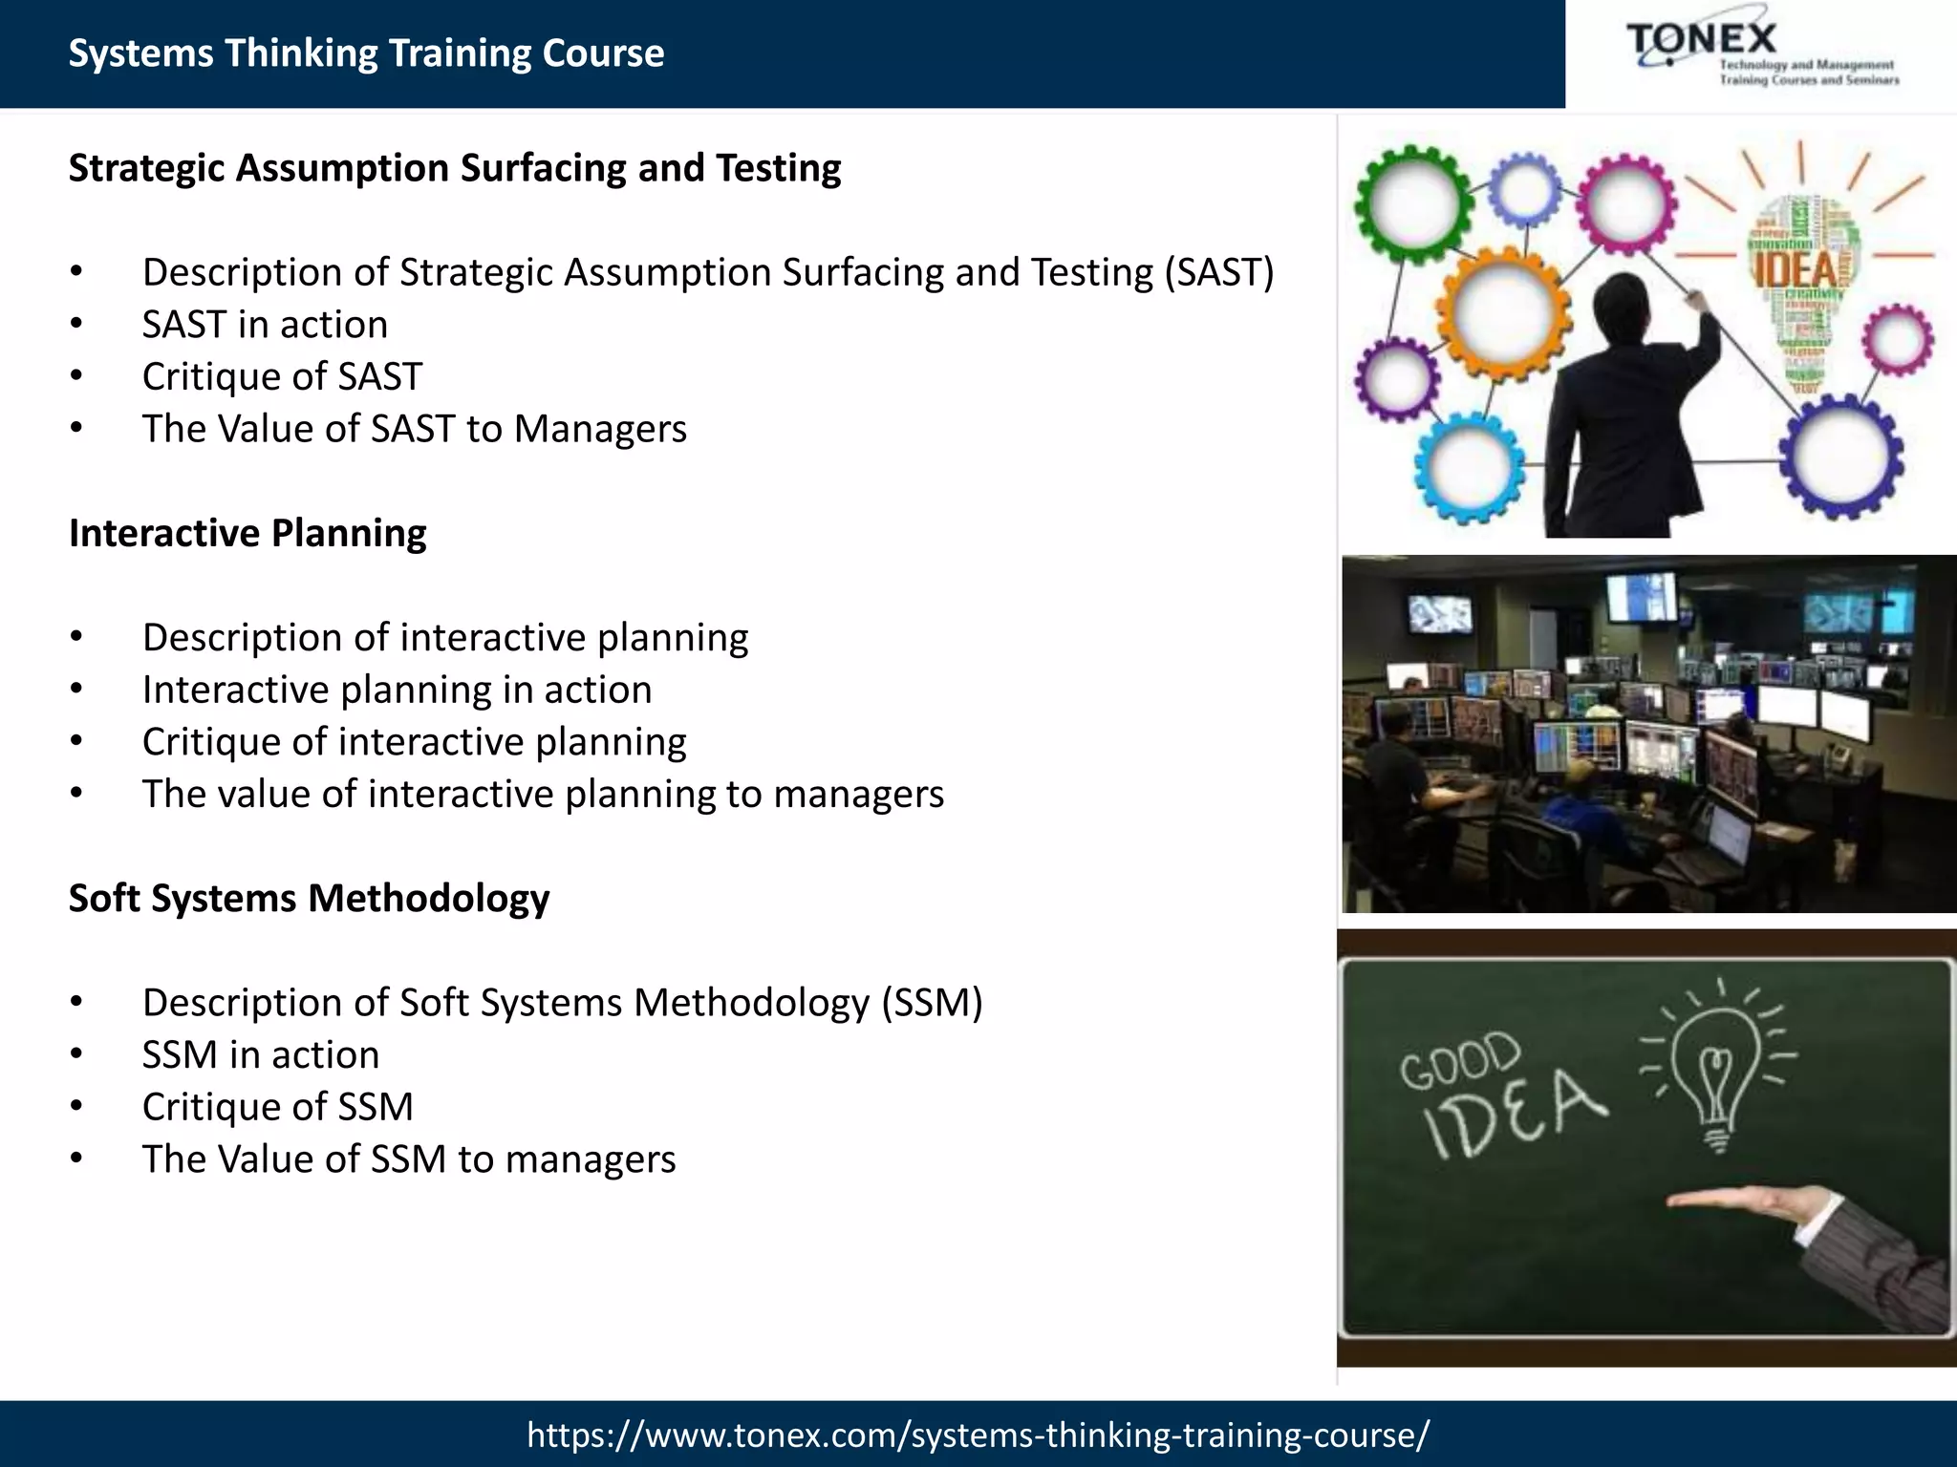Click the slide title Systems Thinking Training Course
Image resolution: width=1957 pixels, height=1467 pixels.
coord(366,53)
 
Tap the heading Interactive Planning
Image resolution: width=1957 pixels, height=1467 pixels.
coord(247,533)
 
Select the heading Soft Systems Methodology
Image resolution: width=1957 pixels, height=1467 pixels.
coord(309,898)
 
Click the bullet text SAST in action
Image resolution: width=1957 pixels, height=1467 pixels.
coord(265,325)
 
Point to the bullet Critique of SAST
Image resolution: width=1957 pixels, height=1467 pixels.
coord(282,376)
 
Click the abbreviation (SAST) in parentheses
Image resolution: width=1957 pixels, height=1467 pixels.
coord(1218,273)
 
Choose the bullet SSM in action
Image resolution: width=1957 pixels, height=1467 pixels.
coord(260,1054)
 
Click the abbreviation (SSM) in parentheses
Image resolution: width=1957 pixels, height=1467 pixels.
coord(932,1003)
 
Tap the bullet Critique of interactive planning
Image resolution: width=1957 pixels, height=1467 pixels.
coord(414,742)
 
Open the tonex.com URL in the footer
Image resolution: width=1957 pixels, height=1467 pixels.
coord(978,1435)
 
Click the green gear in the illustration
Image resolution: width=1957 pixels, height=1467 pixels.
coord(1412,204)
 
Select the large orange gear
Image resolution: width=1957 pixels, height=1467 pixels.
coord(1504,313)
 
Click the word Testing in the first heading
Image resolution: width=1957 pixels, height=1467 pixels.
coord(778,168)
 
